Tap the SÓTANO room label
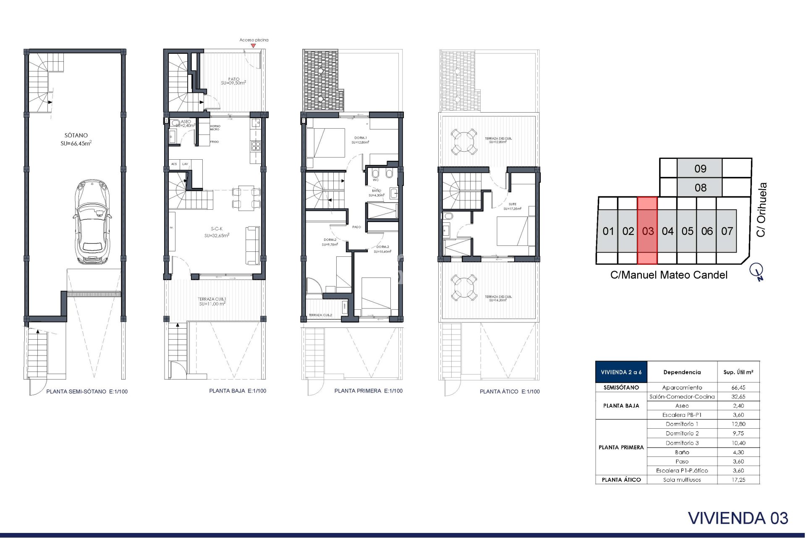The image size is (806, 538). (x=76, y=135)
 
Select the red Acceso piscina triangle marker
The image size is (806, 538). (x=253, y=45)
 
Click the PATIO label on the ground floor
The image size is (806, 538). (x=234, y=79)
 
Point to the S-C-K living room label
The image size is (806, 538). (x=217, y=229)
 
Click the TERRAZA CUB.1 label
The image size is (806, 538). (x=212, y=299)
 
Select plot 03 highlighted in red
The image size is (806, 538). (x=647, y=231)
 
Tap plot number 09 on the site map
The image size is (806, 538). (x=700, y=169)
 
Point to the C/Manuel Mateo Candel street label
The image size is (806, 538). (x=668, y=275)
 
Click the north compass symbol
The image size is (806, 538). (x=757, y=271)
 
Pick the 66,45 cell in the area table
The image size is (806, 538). (x=738, y=388)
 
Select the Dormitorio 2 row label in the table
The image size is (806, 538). (x=682, y=433)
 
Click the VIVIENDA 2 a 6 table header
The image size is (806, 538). (x=621, y=372)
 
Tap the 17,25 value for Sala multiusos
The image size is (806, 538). (x=738, y=480)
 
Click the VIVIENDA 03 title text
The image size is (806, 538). (x=738, y=518)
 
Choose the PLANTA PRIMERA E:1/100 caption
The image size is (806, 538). (x=368, y=391)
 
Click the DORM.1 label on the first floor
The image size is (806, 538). (x=360, y=138)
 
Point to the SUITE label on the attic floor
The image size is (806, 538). (x=512, y=204)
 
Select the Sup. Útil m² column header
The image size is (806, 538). (x=738, y=372)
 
